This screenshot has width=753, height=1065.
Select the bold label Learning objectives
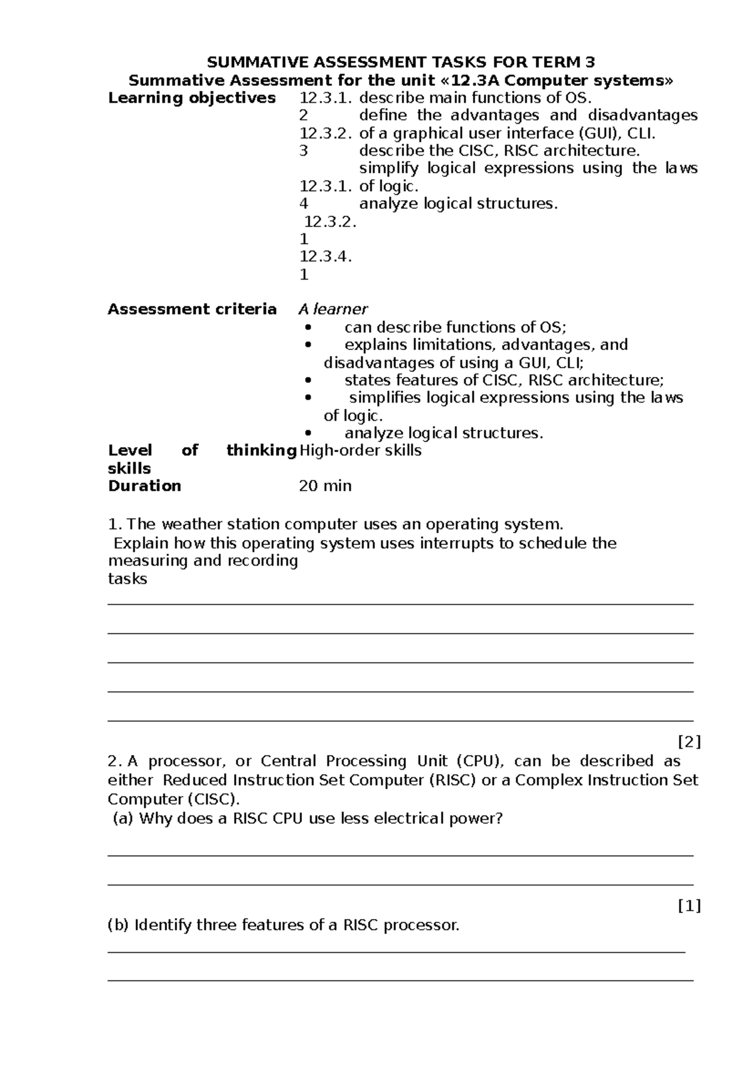(x=191, y=98)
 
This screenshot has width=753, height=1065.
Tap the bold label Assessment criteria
(x=191, y=309)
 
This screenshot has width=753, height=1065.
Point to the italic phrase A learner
(x=333, y=309)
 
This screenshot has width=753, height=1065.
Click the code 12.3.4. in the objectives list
(x=326, y=257)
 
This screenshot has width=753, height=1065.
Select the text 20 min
(x=325, y=486)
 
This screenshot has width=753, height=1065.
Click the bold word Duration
(x=144, y=486)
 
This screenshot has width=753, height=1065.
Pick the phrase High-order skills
(x=361, y=450)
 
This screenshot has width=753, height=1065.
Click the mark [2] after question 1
(x=689, y=742)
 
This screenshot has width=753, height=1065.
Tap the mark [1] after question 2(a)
(x=689, y=906)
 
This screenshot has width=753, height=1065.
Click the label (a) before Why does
(x=123, y=819)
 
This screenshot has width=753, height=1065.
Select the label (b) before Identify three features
(x=118, y=925)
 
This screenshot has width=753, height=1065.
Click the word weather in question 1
(x=192, y=524)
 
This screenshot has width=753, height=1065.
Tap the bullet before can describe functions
(x=307, y=327)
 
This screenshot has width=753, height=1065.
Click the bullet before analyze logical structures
(x=307, y=433)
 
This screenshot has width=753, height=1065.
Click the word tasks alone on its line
(x=127, y=579)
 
